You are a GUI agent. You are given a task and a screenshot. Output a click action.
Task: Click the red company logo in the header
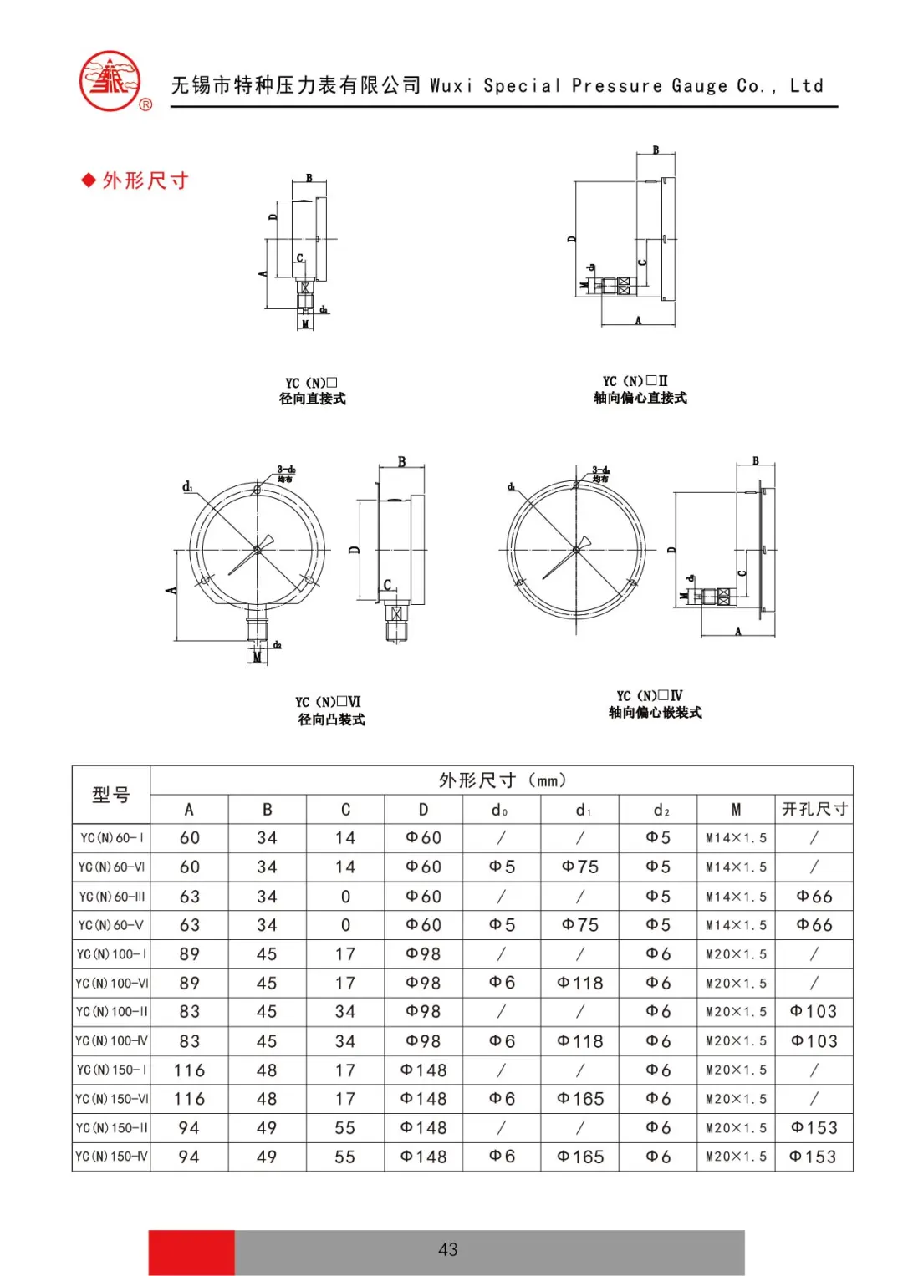(x=110, y=81)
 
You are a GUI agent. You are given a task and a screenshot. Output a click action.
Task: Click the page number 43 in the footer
(x=447, y=1249)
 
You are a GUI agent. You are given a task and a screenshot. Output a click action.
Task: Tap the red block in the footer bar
(x=191, y=1252)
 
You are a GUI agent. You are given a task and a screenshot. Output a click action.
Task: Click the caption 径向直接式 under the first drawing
(x=312, y=399)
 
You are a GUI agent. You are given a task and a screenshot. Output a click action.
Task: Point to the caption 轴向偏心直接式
(x=640, y=398)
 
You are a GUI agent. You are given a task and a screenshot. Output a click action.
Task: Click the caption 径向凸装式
(x=331, y=719)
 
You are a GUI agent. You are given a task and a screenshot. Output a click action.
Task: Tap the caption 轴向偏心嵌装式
(x=655, y=712)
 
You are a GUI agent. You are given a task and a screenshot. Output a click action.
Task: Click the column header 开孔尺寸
(x=814, y=809)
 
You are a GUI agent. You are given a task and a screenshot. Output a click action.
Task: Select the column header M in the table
(x=736, y=809)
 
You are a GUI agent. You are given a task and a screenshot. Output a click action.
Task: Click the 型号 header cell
(x=111, y=795)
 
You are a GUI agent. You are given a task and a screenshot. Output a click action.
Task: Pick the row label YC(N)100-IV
(x=111, y=1041)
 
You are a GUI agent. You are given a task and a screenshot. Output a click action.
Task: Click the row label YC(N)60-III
(x=111, y=897)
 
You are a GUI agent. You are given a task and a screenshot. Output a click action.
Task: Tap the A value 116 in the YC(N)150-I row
(x=189, y=1070)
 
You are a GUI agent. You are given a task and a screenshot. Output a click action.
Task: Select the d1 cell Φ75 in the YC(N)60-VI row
(x=580, y=867)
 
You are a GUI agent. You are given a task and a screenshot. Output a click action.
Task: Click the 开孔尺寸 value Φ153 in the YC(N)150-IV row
(x=813, y=1157)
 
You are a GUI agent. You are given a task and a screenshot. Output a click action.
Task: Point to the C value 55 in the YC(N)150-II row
(x=345, y=1128)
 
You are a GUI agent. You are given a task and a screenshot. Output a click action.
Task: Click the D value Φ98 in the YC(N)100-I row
(x=423, y=954)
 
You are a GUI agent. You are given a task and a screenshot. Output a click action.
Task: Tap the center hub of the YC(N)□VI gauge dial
(x=257, y=549)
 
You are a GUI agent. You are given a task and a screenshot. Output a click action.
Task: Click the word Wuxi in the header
(x=451, y=85)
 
